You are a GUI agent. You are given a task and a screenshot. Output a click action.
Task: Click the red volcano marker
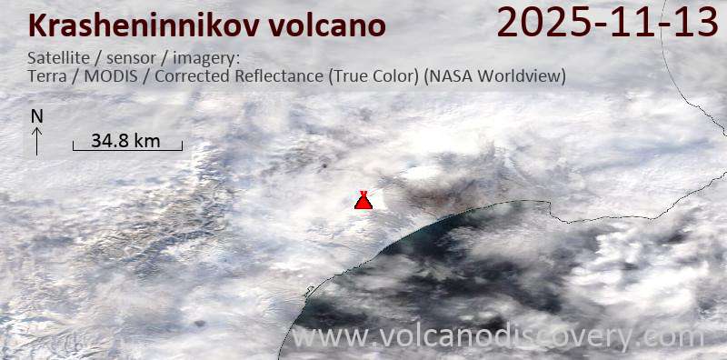pos(363,200)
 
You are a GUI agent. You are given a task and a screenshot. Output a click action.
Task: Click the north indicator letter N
pos(36,116)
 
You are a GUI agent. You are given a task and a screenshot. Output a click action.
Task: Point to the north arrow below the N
pos(36,140)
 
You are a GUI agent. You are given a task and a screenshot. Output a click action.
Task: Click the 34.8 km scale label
pos(126,140)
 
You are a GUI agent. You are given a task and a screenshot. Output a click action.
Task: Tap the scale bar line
pos(127,149)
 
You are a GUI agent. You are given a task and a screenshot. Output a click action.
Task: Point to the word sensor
pos(133,58)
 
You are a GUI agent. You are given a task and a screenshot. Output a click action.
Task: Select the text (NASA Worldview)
pos(494,76)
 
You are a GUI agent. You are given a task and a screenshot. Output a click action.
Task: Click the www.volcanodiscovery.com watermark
pos(498,337)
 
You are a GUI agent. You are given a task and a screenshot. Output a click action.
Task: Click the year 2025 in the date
pos(537,22)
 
